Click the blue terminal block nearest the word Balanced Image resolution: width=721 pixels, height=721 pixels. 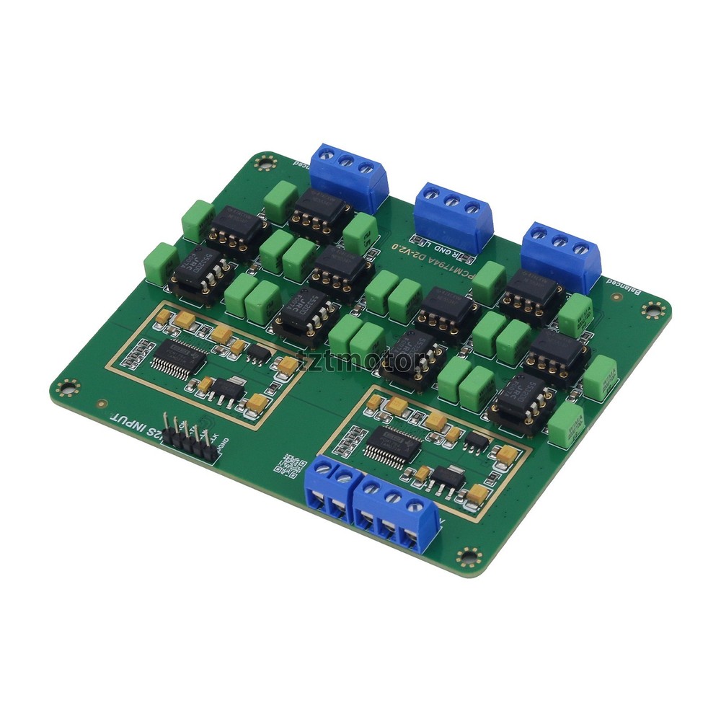(x=561, y=254)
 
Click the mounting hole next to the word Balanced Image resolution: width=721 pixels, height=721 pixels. (x=653, y=311)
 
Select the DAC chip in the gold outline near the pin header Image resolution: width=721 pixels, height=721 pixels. (x=175, y=357)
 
